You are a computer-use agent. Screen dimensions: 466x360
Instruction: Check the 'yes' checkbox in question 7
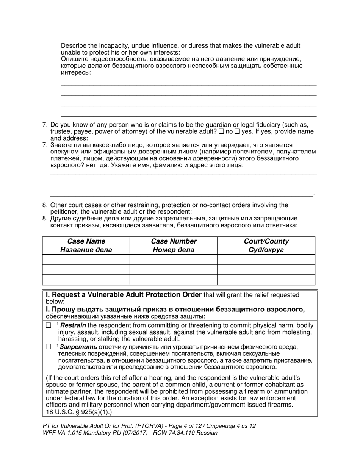(x=237, y=131)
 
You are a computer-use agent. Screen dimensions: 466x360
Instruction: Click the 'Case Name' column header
(x=86, y=241)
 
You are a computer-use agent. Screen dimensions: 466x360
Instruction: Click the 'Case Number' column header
(x=174, y=241)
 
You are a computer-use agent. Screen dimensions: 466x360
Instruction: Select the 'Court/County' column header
(x=266, y=241)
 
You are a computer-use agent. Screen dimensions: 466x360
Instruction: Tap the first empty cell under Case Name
(x=86, y=260)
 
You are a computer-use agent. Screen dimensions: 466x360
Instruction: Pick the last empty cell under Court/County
(x=266, y=280)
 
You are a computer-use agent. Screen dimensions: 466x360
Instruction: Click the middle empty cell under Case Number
(x=174, y=269)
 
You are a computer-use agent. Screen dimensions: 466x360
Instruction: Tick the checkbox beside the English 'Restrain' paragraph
(x=49, y=325)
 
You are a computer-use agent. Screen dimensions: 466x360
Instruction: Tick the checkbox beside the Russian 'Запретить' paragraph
(x=49, y=347)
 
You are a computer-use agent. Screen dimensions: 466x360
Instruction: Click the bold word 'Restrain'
(x=73, y=325)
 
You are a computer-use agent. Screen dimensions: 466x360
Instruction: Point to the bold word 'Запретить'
(x=78, y=347)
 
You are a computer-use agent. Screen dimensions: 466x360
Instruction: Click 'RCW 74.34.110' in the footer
(x=176, y=433)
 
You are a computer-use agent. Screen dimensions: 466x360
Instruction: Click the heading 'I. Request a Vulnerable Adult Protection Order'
(x=124, y=295)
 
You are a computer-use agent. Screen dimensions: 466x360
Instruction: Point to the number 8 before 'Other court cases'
(x=45, y=205)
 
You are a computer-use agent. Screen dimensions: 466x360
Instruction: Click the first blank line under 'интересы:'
(x=188, y=85)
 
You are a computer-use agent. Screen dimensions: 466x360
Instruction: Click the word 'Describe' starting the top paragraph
(x=74, y=46)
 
